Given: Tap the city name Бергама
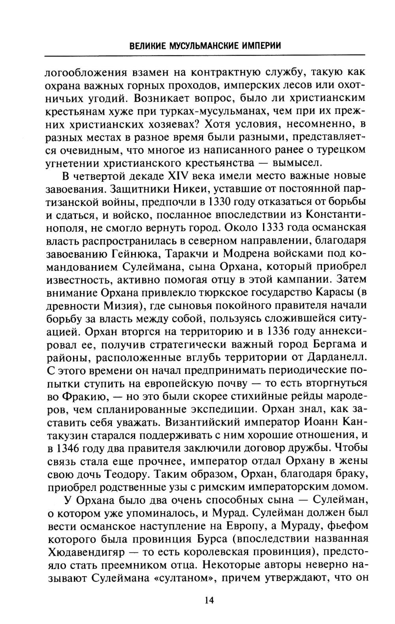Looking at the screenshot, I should pyautogui.click(x=333, y=344).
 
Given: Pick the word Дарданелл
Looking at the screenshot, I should pyautogui.click(x=336, y=357).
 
